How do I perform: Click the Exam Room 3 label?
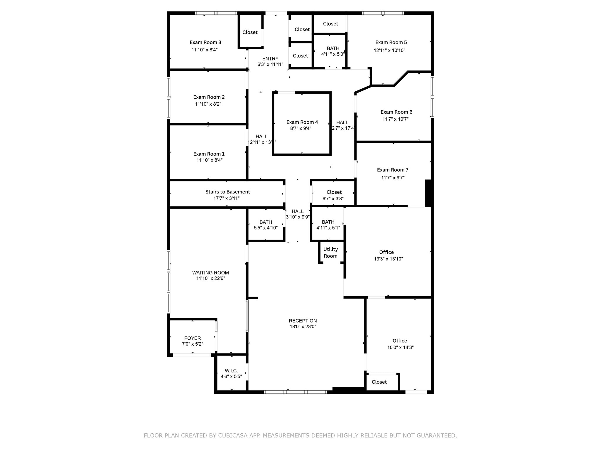point(205,43)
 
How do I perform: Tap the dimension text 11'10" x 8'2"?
point(208,104)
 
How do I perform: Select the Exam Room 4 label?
point(302,122)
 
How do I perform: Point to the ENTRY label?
point(270,59)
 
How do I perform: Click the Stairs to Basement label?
point(227,192)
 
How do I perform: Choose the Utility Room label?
point(330,253)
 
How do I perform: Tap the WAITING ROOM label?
point(210,273)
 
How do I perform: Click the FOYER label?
point(193,338)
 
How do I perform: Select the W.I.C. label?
point(231,371)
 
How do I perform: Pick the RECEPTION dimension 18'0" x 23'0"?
point(303,327)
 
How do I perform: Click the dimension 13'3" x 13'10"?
point(388,259)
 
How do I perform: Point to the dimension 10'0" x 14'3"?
point(400,347)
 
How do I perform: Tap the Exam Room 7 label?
point(392,170)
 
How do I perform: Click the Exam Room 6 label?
point(396,112)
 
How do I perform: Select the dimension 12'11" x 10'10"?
point(389,51)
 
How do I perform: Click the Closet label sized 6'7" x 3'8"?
point(334,192)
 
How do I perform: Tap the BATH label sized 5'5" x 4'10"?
point(266,222)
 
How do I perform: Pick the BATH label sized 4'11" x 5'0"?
point(333,48)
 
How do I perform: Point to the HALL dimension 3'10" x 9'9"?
point(298,217)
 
